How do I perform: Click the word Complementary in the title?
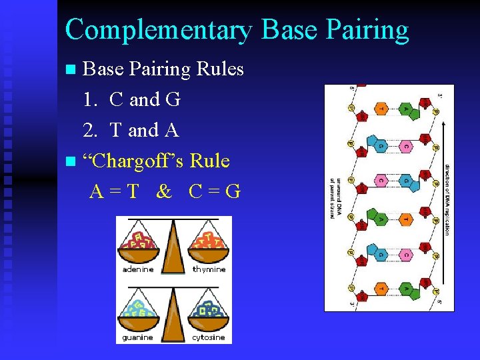tap(159, 30)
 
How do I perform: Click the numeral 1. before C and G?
tap(92, 100)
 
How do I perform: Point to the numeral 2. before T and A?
tap(92, 131)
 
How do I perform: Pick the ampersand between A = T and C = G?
tap(163, 192)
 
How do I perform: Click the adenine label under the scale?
tap(138, 269)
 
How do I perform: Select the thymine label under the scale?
tap(209, 269)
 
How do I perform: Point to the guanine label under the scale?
tap(138, 338)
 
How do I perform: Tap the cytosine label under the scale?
tap(209, 338)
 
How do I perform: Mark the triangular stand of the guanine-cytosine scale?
tap(173, 317)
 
